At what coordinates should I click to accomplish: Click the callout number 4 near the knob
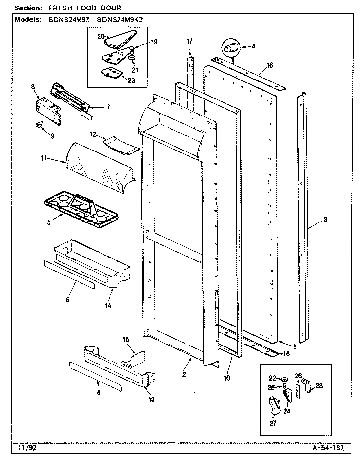[x=253, y=46]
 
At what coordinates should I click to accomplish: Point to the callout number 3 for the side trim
[x=325, y=220]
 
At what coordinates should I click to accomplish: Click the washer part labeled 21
[x=132, y=58]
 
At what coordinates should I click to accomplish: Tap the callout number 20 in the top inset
[x=100, y=36]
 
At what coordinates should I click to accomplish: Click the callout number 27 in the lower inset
[x=273, y=423]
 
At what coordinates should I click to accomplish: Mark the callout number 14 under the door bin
[x=108, y=305]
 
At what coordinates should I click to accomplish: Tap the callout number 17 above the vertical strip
[x=190, y=41]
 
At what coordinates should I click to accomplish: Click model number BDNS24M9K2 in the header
[x=121, y=19]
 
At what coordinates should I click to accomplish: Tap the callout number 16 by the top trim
[x=269, y=65]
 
